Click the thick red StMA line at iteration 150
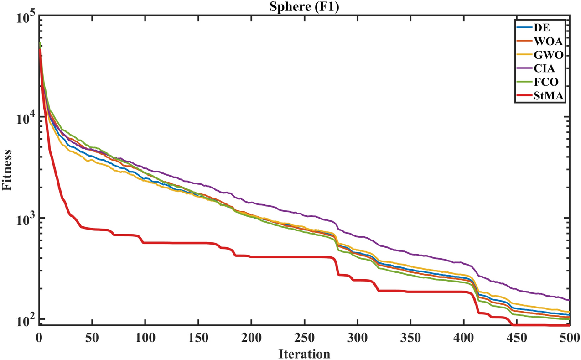[198, 243]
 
